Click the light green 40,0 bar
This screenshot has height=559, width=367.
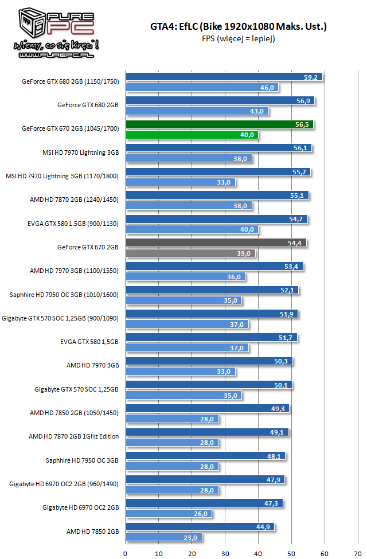coord(192,135)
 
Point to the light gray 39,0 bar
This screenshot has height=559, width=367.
coord(190,253)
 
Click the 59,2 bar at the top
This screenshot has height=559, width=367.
coord(224,77)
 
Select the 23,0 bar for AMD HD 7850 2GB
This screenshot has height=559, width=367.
coord(163,537)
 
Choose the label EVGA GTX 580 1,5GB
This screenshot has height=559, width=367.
coord(89,342)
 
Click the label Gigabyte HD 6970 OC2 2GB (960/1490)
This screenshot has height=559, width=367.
coord(64,484)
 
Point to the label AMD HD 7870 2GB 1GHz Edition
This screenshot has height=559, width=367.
coord(73,436)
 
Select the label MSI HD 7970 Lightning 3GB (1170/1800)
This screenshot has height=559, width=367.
coord(62,176)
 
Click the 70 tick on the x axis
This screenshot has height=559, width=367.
coord(358,553)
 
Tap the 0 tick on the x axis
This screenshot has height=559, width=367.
coord(126,553)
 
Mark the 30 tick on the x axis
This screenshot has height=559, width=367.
coord(225,553)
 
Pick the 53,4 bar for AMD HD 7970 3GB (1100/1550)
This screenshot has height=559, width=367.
coord(214,267)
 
